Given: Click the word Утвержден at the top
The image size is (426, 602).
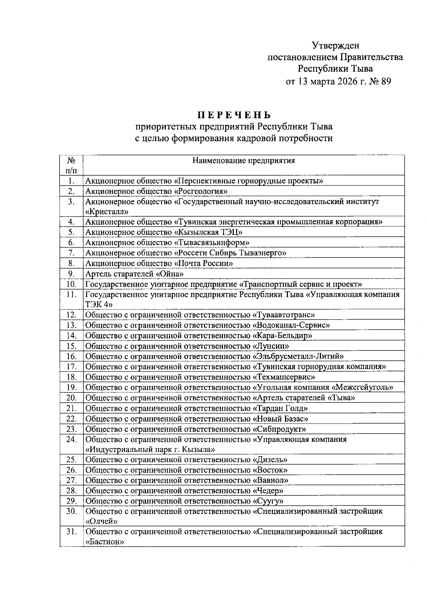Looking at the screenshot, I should click(x=335, y=45).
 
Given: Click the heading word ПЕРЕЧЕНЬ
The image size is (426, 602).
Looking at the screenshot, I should click(x=234, y=115).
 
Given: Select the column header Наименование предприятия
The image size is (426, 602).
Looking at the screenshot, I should click(x=244, y=161).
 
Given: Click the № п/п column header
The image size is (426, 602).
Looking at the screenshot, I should click(x=71, y=165).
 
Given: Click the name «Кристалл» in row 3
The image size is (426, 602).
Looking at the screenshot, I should click(x=107, y=212).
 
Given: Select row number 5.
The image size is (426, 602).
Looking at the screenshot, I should click(x=71, y=232).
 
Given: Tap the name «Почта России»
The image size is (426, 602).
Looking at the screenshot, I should click(x=203, y=263).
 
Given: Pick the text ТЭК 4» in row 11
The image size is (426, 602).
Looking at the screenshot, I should click(x=99, y=304).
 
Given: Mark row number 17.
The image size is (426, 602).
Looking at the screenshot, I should click(x=71, y=366).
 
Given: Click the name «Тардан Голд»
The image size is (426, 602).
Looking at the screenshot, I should click(x=280, y=408).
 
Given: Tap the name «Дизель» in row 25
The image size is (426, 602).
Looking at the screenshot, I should click(x=270, y=460).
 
